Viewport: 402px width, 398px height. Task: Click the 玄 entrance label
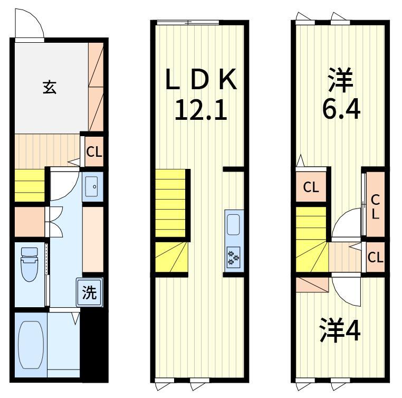(50, 87)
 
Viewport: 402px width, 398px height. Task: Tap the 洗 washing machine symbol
(90, 292)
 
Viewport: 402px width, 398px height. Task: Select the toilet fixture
(30, 264)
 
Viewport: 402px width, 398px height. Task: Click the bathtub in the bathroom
(31, 345)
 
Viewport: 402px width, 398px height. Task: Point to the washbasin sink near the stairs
(91, 186)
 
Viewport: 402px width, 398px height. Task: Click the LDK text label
(201, 79)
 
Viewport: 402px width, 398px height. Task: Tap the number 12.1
(201, 110)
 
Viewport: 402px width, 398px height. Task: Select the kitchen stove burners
(234, 257)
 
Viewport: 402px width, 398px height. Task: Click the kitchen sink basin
(233, 224)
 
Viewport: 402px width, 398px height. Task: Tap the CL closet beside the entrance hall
(94, 152)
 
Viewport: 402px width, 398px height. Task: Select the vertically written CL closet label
(375, 207)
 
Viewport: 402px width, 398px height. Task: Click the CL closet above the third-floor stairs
(311, 187)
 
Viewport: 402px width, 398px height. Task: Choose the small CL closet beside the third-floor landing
(375, 257)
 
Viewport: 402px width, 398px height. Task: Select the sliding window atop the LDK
(188, 23)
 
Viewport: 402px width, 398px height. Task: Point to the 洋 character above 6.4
(341, 80)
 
